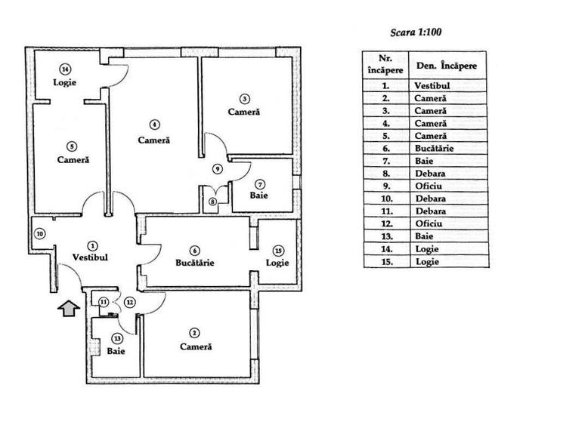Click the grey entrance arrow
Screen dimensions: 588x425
coord(69,308)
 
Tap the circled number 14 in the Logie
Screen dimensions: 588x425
coord(65,69)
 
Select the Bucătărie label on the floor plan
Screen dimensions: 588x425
coord(195,263)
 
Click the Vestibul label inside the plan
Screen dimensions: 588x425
coord(90,257)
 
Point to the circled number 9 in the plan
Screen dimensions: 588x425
coord(218,169)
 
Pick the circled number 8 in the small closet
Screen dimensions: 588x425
coord(212,202)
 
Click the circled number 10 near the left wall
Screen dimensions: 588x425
coord(40,234)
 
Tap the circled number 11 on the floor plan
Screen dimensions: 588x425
coord(104,302)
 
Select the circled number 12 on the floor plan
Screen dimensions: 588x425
coord(130,302)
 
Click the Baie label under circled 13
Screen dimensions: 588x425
coord(116,351)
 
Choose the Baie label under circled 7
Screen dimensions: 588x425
coord(258,195)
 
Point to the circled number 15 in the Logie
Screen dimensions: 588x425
coord(278,251)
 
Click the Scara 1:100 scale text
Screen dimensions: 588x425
coord(416,32)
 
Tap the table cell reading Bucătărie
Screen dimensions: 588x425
coord(434,148)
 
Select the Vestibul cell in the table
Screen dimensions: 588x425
coord(432,85)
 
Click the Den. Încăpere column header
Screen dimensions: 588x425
coord(447,66)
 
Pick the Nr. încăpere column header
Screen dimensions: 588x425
coord(385,64)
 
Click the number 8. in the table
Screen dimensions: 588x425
coord(386,174)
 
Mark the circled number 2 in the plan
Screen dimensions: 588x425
coord(194,333)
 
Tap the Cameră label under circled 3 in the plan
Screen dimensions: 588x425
coord(244,112)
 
